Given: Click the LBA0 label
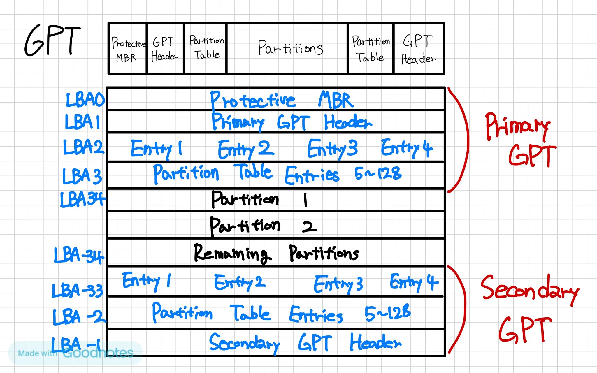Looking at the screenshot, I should [85, 100].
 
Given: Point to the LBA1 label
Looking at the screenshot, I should [82, 122].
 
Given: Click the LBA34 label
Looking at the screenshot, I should [82, 199].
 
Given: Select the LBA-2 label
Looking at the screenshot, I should [79, 317].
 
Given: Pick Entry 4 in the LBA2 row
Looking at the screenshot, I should [407, 148].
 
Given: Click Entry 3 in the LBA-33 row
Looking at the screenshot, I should [338, 284].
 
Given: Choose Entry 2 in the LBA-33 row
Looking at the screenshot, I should [240, 282].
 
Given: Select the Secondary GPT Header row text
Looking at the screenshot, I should [305, 343].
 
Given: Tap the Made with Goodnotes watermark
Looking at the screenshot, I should [75, 353].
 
